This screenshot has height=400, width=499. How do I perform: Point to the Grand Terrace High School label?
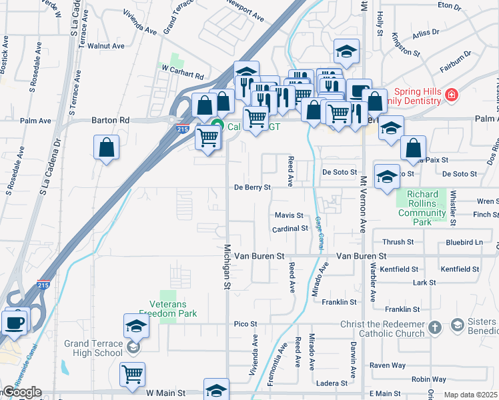pos(93,348)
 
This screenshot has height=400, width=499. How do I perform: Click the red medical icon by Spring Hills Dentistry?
pos(452,95)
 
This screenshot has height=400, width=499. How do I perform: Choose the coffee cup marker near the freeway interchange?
pos(15,322)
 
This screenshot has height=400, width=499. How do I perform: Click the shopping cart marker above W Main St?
pos(133,375)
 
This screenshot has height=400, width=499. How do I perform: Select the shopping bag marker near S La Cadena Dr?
pos(107,148)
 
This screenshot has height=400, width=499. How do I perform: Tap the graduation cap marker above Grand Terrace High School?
pos(136,326)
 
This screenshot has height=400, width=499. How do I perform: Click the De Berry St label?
pos(252,187)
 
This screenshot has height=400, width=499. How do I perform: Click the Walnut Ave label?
pos(110,46)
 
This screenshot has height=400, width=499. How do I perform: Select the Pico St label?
pos(241,324)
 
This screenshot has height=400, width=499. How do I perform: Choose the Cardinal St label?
pos(290,229)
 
